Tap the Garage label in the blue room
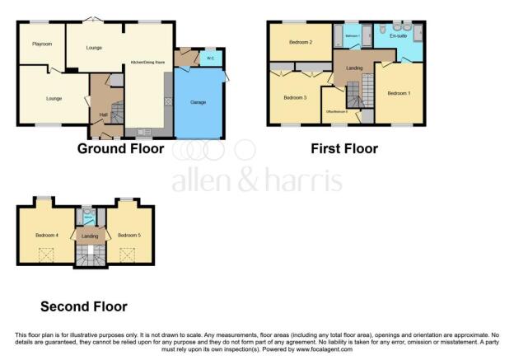198,101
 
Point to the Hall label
104,115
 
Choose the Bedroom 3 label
294,97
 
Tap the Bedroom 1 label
398,92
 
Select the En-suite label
399,36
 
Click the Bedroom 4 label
46,235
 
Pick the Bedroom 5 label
128,235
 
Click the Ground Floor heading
120,149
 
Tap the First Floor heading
343,149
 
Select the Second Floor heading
84,306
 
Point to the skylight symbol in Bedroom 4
45,254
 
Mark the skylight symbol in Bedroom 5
128,254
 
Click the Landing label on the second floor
89,236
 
